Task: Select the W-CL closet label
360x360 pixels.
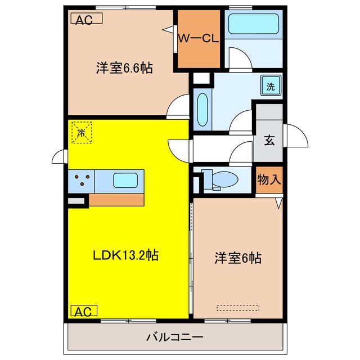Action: click(197, 38)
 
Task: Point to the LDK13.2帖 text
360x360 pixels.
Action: click(125, 255)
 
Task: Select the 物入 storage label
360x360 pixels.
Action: click(268, 180)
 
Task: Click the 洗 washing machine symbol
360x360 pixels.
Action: click(271, 87)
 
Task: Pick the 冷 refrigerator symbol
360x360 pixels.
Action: click(82, 133)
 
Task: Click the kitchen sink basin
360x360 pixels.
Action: click(124, 181)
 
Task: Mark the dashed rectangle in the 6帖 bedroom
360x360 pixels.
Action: click(238, 308)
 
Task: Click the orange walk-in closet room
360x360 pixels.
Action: click(199, 51)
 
